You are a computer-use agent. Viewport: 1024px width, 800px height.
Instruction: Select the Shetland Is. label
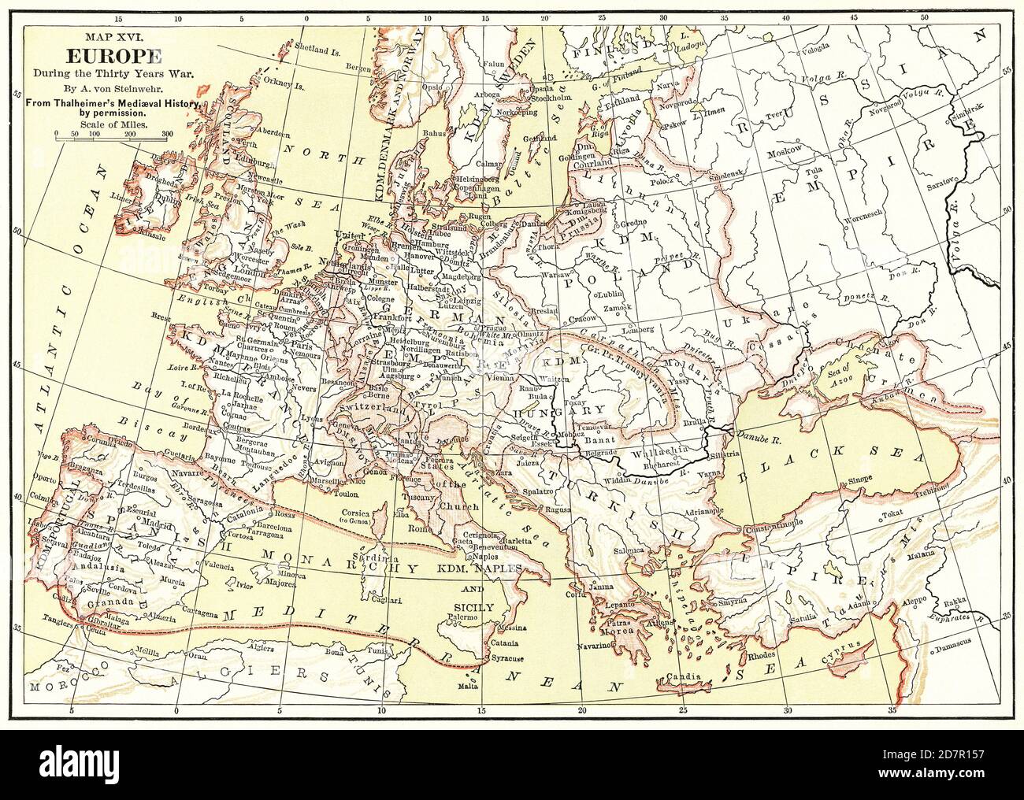(317, 46)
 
